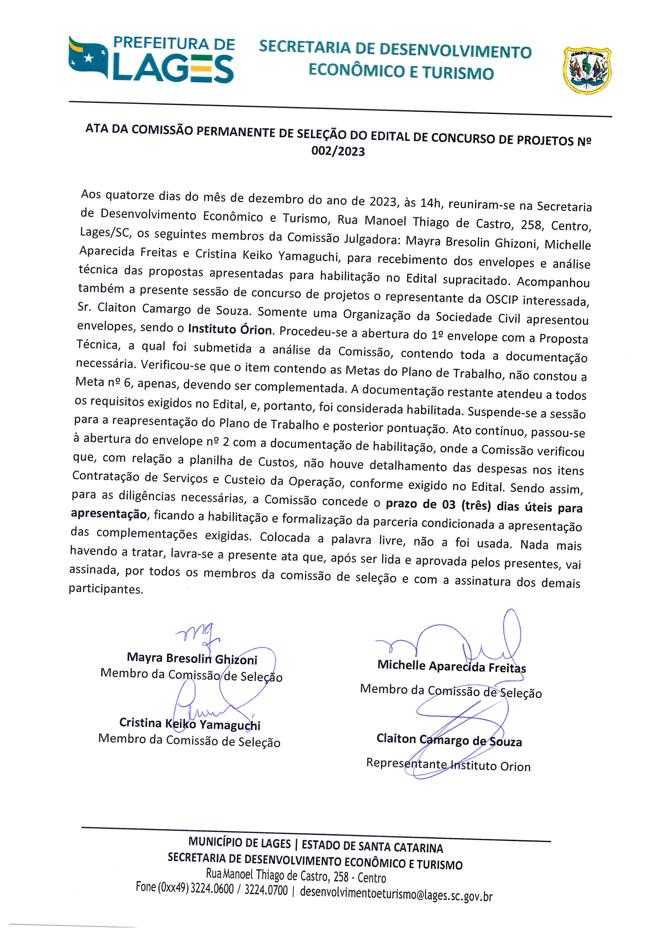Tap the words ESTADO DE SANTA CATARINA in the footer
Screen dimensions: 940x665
(372, 846)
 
